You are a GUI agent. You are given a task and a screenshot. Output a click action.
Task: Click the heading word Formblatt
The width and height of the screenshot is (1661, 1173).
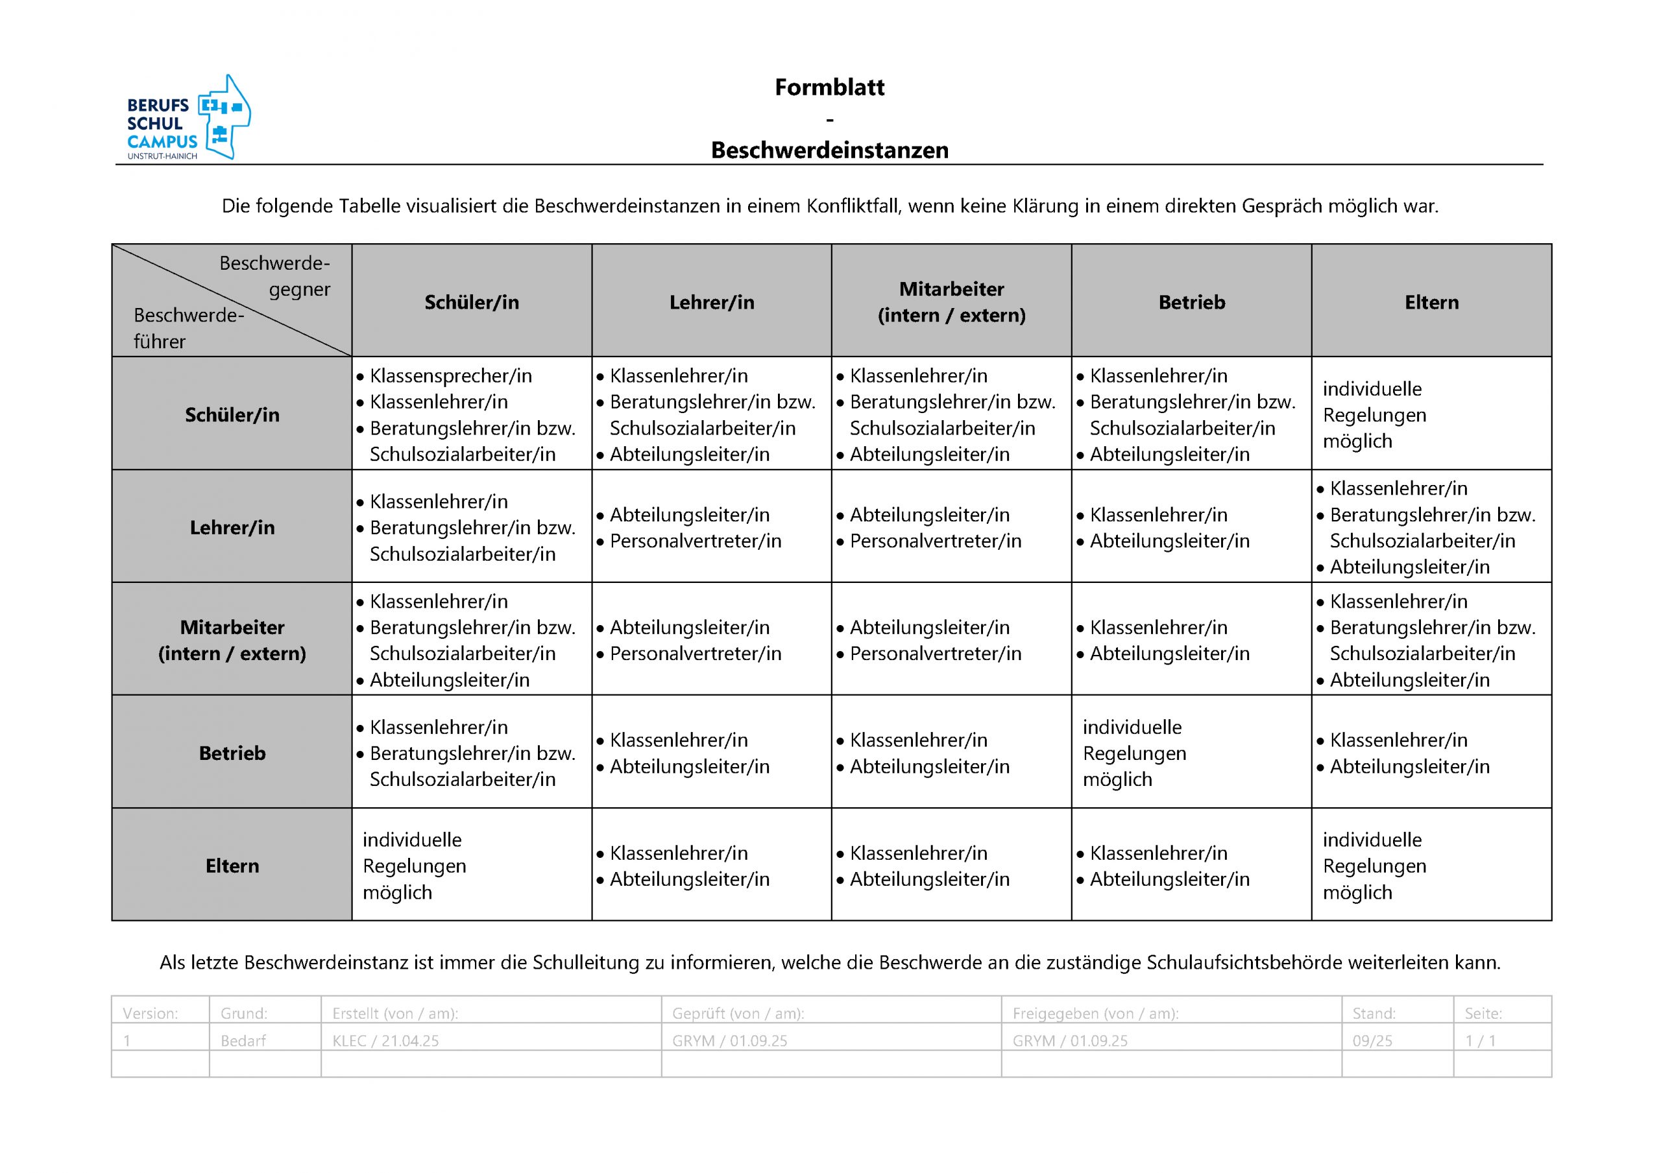[829, 88]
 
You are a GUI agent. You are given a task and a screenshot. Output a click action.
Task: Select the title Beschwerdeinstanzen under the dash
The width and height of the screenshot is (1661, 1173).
[829, 150]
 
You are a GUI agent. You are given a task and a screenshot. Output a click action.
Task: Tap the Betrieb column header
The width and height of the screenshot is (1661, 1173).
[1191, 302]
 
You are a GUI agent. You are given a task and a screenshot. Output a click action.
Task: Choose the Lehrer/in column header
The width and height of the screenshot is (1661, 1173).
[711, 302]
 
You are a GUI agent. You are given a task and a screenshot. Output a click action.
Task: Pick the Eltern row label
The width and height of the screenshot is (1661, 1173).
[232, 866]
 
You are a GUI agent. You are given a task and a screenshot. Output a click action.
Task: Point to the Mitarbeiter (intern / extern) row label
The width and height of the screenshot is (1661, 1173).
[232, 640]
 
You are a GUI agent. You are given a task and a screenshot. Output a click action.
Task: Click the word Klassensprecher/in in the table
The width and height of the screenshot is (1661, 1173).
[451, 376]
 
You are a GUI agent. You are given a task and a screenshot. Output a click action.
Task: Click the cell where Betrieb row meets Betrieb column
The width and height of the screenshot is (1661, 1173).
[1191, 753]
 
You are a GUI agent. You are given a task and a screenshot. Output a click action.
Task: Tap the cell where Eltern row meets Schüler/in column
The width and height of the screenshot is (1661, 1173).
[471, 866]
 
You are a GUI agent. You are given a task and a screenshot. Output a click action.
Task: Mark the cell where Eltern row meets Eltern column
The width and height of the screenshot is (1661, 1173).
[1431, 866]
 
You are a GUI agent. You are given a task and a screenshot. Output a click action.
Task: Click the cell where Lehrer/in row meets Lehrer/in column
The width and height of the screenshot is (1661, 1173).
[711, 527]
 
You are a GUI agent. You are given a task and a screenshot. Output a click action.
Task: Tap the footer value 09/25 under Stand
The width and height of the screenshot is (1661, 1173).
[1372, 1041]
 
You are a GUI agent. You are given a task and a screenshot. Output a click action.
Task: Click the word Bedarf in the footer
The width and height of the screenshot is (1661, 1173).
[243, 1041]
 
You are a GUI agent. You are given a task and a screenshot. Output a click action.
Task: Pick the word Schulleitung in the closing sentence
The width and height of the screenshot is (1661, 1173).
[587, 962]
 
